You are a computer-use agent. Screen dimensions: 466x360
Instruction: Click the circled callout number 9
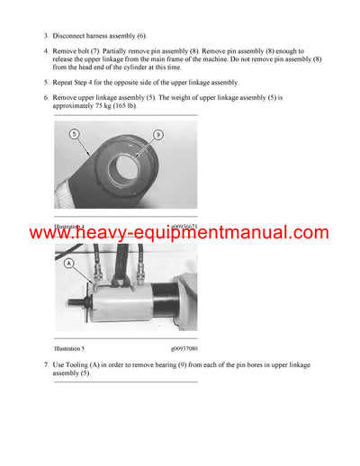pos(157,137)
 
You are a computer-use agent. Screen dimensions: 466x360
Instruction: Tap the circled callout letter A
pos(68,264)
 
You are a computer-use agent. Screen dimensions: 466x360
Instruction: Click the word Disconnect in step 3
pos(74,35)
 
